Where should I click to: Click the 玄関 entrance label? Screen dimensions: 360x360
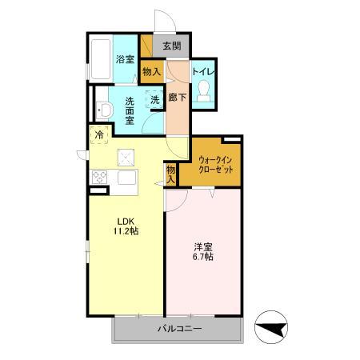[x=172, y=46]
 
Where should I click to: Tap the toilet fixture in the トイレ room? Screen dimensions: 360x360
[x=203, y=90]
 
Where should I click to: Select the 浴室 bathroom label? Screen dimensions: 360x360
[x=125, y=59]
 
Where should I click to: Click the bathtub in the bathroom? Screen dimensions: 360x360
[x=101, y=59]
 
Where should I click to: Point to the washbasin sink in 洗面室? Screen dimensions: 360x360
[x=104, y=110]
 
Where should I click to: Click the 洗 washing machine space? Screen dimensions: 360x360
[x=154, y=100]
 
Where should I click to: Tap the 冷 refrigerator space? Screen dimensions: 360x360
[x=99, y=134]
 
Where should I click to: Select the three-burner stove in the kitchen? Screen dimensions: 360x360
[x=99, y=177]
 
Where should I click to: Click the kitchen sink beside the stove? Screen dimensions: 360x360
[x=127, y=177]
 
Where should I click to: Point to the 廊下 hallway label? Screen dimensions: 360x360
[x=177, y=98]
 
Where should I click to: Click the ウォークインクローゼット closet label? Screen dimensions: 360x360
[x=216, y=165]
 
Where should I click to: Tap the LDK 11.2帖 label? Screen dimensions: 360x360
[x=126, y=226]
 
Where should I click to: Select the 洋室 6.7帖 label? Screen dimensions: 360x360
[x=203, y=251]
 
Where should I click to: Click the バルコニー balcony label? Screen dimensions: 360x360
[x=179, y=329]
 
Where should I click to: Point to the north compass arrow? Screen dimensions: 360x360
[x=271, y=327]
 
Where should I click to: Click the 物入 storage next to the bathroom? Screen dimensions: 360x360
[x=152, y=71]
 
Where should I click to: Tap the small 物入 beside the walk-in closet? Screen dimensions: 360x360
[x=170, y=174]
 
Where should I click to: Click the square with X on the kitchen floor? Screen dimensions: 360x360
[x=126, y=158]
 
